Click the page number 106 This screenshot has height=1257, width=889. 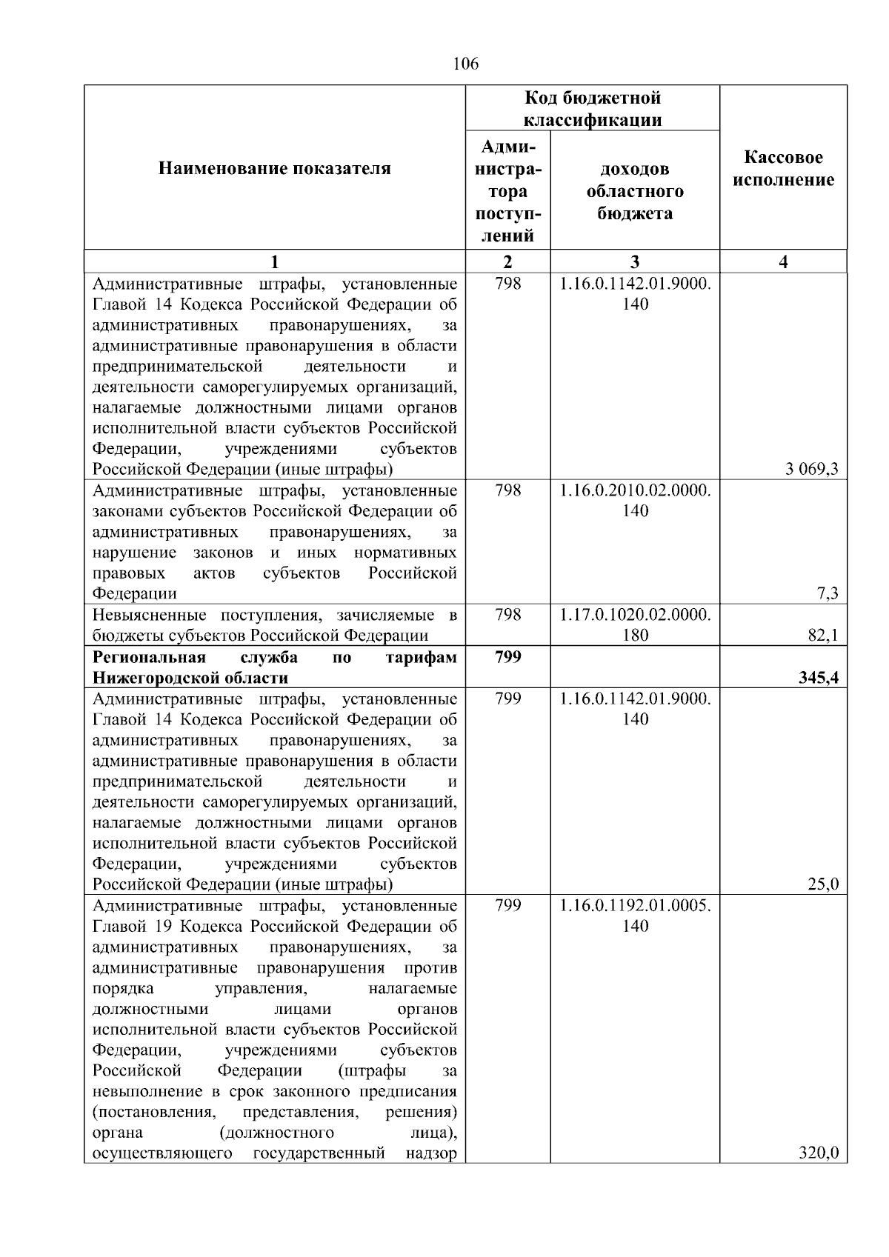[x=465, y=64]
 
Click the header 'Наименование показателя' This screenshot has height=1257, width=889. [x=274, y=169]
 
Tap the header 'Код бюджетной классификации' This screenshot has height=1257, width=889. [x=592, y=109]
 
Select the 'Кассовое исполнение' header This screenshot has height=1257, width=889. [x=783, y=169]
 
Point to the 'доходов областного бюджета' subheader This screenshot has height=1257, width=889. [x=635, y=191]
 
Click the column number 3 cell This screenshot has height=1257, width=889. [x=635, y=261]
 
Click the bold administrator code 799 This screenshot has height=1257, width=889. [x=507, y=657]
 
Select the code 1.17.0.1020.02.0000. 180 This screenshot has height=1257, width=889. [x=635, y=624]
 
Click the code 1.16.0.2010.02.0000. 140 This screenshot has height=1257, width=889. [x=635, y=500]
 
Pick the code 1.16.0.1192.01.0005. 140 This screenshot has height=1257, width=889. [x=635, y=916]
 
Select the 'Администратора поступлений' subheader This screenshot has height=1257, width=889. [x=507, y=191]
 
